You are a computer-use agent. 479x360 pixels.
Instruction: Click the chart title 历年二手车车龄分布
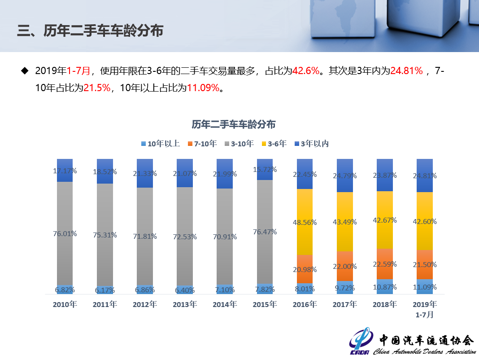[233, 124]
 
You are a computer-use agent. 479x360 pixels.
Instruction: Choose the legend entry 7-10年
[202, 144]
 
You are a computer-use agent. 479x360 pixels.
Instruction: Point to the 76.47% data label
[265, 232]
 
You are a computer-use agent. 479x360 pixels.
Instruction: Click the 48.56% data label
[305, 222]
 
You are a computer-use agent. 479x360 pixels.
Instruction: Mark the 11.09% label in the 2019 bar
[424, 287]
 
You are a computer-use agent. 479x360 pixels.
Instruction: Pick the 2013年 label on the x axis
[185, 304]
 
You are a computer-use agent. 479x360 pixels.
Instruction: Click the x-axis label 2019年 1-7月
[424, 309]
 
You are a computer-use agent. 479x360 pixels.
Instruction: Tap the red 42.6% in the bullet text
[306, 71]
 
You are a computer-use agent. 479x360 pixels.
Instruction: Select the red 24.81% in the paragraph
[406, 71]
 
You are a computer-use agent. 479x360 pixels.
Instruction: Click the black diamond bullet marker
[25, 71]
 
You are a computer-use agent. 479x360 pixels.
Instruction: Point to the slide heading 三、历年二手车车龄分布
[90, 31]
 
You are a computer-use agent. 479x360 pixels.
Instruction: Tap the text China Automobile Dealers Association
[424, 351]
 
